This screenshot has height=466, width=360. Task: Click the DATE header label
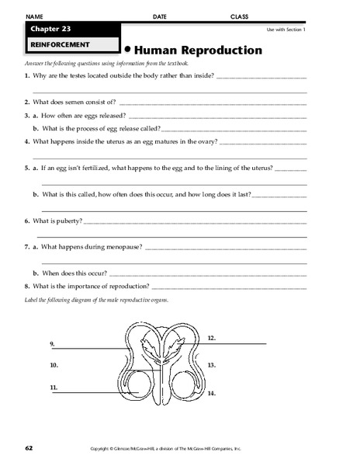click(159, 16)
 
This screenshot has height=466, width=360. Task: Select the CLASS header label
click(239, 16)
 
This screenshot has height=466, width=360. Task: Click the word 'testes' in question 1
click(80, 75)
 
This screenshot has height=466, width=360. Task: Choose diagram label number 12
click(211, 339)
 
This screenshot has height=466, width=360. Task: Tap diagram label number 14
click(211, 394)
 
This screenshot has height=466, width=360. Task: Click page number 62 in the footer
click(28, 448)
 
